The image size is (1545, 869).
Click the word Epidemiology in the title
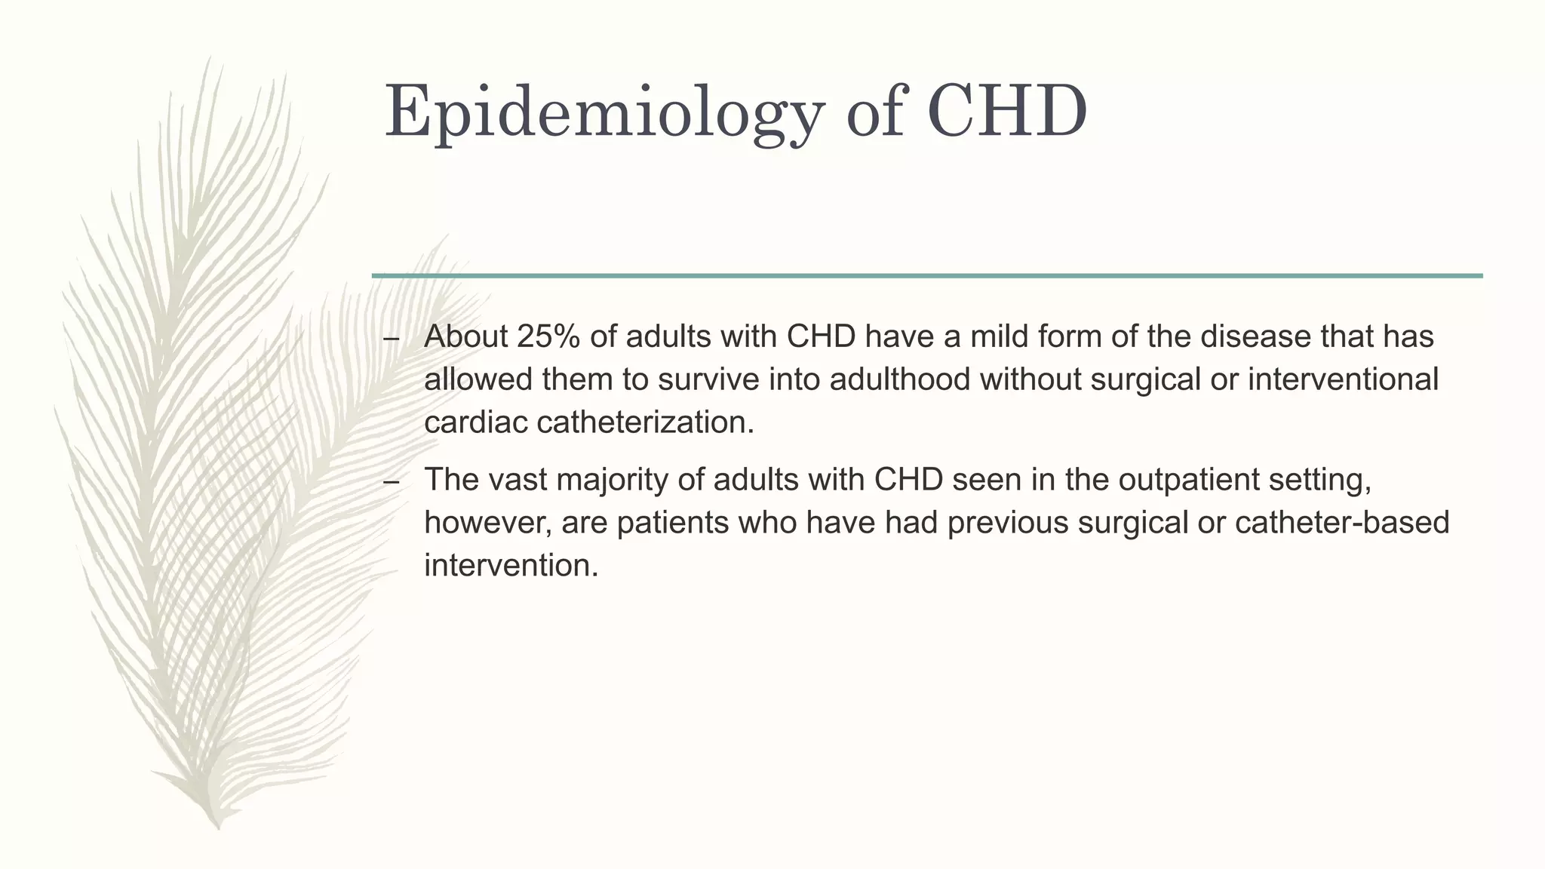[x=602, y=113]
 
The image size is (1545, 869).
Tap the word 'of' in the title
[x=874, y=113]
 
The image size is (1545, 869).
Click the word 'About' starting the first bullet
[x=465, y=336]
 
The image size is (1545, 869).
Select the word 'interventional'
[x=1343, y=379]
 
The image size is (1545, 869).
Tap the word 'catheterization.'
[x=645, y=422]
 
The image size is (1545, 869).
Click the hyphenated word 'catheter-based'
[x=1341, y=523]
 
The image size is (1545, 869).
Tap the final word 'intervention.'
[x=511, y=566]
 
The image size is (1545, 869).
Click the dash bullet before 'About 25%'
[x=391, y=339]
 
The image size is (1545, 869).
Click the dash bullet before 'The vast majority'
[x=391, y=482]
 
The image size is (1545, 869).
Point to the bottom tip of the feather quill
[x=218, y=827]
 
